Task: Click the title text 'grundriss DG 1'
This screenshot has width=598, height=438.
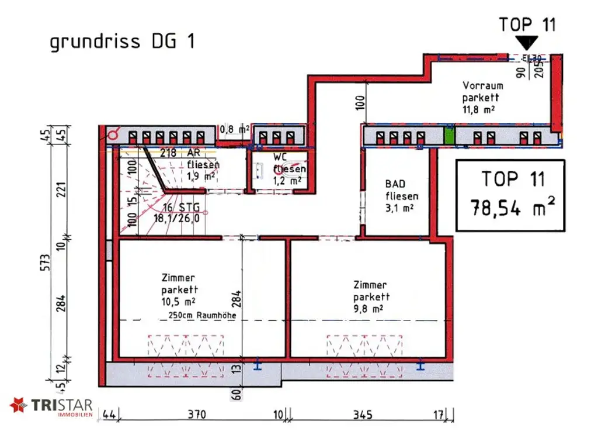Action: coord(122,42)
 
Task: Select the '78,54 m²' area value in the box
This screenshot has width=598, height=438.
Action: coord(510,208)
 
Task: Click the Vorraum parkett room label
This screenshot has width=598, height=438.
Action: coord(482,96)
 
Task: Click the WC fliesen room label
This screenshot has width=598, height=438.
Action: coord(288,168)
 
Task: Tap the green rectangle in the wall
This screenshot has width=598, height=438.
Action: coord(448,136)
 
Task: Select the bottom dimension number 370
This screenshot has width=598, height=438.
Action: coord(197,415)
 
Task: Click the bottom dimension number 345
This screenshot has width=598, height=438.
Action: coord(363,415)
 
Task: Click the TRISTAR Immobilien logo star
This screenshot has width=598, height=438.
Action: coord(18,405)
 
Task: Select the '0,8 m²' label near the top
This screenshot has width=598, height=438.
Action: coord(235,129)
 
